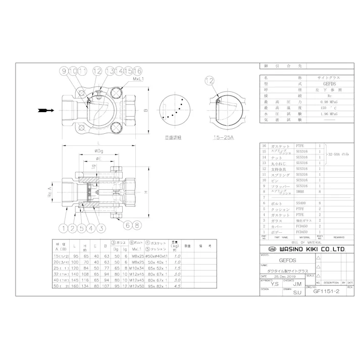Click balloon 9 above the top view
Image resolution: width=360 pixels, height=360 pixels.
[64, 71]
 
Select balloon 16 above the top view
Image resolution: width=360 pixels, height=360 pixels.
[138, 71]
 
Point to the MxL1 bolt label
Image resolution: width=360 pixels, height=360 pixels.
[139, 80]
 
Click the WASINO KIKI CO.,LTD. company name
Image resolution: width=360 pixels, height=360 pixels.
[311, 249]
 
